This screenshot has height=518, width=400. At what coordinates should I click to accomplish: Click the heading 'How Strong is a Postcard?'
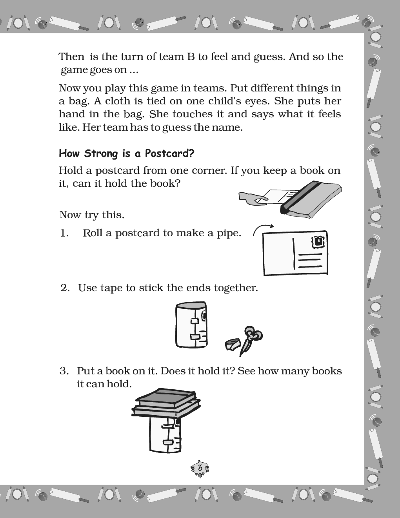coord(126,153)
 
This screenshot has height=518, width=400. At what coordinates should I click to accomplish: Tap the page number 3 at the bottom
coord(200,468)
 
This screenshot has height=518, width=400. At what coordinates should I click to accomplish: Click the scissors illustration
coord(249,339)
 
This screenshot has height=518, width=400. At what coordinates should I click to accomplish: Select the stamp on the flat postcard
coord(318,242)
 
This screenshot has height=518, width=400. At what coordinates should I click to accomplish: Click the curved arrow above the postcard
coord(263,230)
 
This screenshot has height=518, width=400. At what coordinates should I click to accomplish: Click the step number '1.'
coord(64,233)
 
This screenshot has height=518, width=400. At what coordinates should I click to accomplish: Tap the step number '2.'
coord(65,288)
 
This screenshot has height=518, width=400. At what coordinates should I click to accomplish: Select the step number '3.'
coord(64,371)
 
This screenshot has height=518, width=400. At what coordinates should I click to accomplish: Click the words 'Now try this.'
coord(92,215)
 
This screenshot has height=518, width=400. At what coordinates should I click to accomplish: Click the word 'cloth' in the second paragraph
coord(118,101)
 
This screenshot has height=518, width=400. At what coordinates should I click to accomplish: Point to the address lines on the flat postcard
coord(310,261)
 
